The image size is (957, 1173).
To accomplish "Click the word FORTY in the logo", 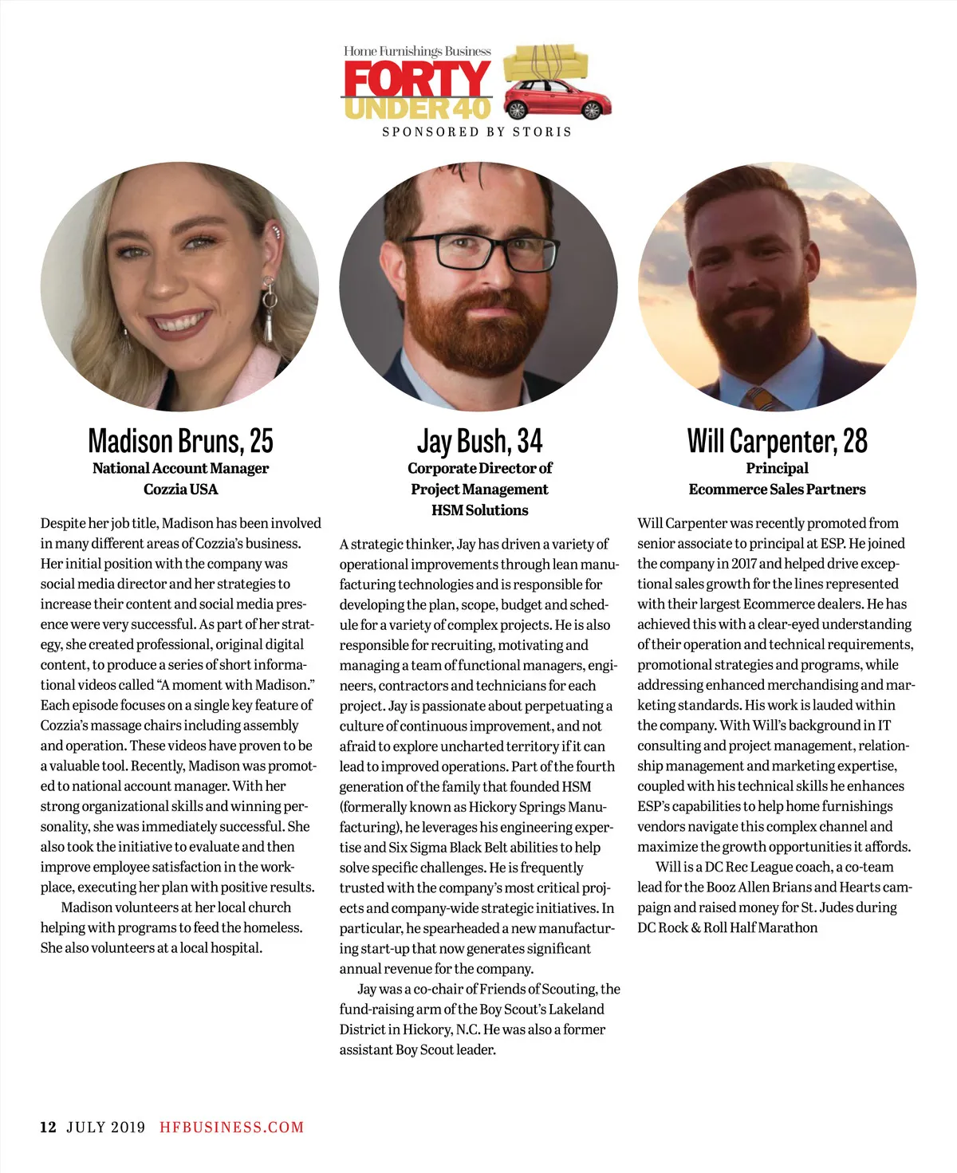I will click(x=417, y=80).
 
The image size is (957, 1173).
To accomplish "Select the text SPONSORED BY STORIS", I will click(x=477, y=132).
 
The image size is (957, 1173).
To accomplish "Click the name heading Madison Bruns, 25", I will click(x=180, y=440).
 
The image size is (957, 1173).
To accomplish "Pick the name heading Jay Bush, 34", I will click(x=479, y=440).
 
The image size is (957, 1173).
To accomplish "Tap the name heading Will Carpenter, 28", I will click(x=777, y=440).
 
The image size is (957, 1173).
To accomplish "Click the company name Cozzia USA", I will click(x=180, y=489).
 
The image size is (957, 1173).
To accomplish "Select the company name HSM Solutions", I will click(x=479, y=510).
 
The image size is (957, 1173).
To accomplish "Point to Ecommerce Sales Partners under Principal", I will click(x=777, y=489).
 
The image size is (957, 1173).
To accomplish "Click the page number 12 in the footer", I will click(x=49, y=1127).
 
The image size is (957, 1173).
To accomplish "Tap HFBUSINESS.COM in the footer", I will click(x=232, y=1127).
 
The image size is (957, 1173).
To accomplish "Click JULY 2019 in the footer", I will click(x=106, y=1127).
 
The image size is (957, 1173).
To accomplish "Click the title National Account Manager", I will click(x=180, y=468).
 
